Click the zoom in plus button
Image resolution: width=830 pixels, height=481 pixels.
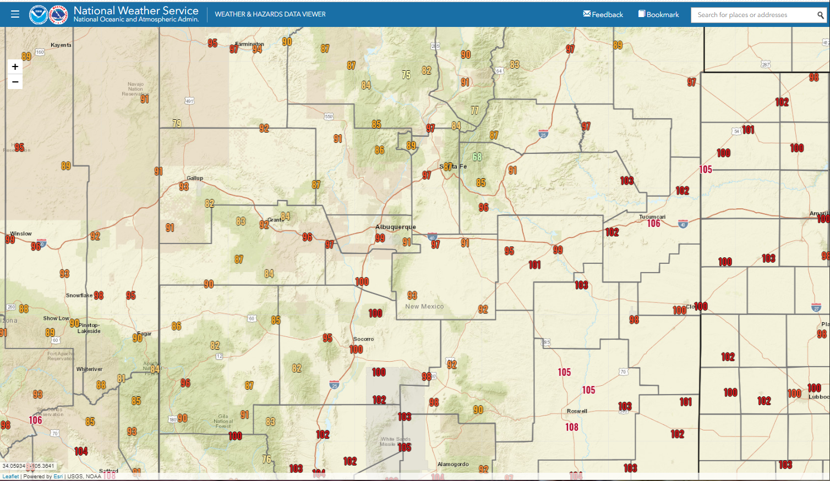[x=15, y=67]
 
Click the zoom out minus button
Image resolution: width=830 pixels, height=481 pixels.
[x=15, y=82]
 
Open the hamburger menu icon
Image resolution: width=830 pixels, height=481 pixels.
[x=15, y=14]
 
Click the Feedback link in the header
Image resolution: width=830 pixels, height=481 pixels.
[x=603, y=14]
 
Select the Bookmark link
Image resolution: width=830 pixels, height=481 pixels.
[x=659, y=14]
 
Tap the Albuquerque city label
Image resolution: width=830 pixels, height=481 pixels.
[x=395, y=227]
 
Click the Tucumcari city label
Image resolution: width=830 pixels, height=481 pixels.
[x=652, y=217]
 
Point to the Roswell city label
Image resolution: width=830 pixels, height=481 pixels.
[x=577, y=411]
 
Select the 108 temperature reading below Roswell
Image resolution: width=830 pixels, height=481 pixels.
[x=572, y=427]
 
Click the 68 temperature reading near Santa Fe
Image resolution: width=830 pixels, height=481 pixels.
[x=477, y=157]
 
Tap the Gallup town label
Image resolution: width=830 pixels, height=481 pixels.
[x=195, y=178]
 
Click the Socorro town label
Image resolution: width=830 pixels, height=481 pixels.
[x=363, y=339]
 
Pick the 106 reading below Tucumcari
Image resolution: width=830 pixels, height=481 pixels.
[x=653, y=224]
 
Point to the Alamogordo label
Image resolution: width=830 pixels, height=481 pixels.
[x=453, y=465]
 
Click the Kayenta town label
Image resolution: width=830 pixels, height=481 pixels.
[x=61, y=45]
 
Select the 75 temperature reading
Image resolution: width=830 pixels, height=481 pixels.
[x=406, y=75]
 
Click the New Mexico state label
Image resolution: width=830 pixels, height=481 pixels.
[x=424, y=307]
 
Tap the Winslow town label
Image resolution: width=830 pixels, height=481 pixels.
[x=21, y=234]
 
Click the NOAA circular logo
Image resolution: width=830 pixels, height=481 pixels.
[x=39, y=15]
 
